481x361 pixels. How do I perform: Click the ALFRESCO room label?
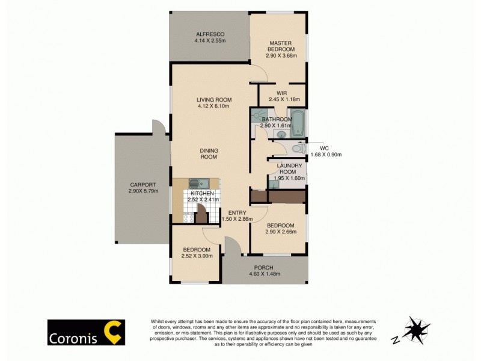point(209,34)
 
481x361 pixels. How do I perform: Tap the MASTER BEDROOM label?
point(280,43)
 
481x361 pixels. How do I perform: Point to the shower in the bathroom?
point(259,114)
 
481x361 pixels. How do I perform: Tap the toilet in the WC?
point(295,149)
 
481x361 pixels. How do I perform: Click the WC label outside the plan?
point(323,147)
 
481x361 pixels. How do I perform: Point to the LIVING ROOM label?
point(214,100)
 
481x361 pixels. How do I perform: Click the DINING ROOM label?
point(209,154)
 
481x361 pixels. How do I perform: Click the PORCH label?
point(263,267)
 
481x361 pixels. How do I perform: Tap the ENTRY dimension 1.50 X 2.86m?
point(237,219)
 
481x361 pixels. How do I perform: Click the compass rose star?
point(416,330)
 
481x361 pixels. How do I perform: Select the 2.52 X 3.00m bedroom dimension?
point(197,256)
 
